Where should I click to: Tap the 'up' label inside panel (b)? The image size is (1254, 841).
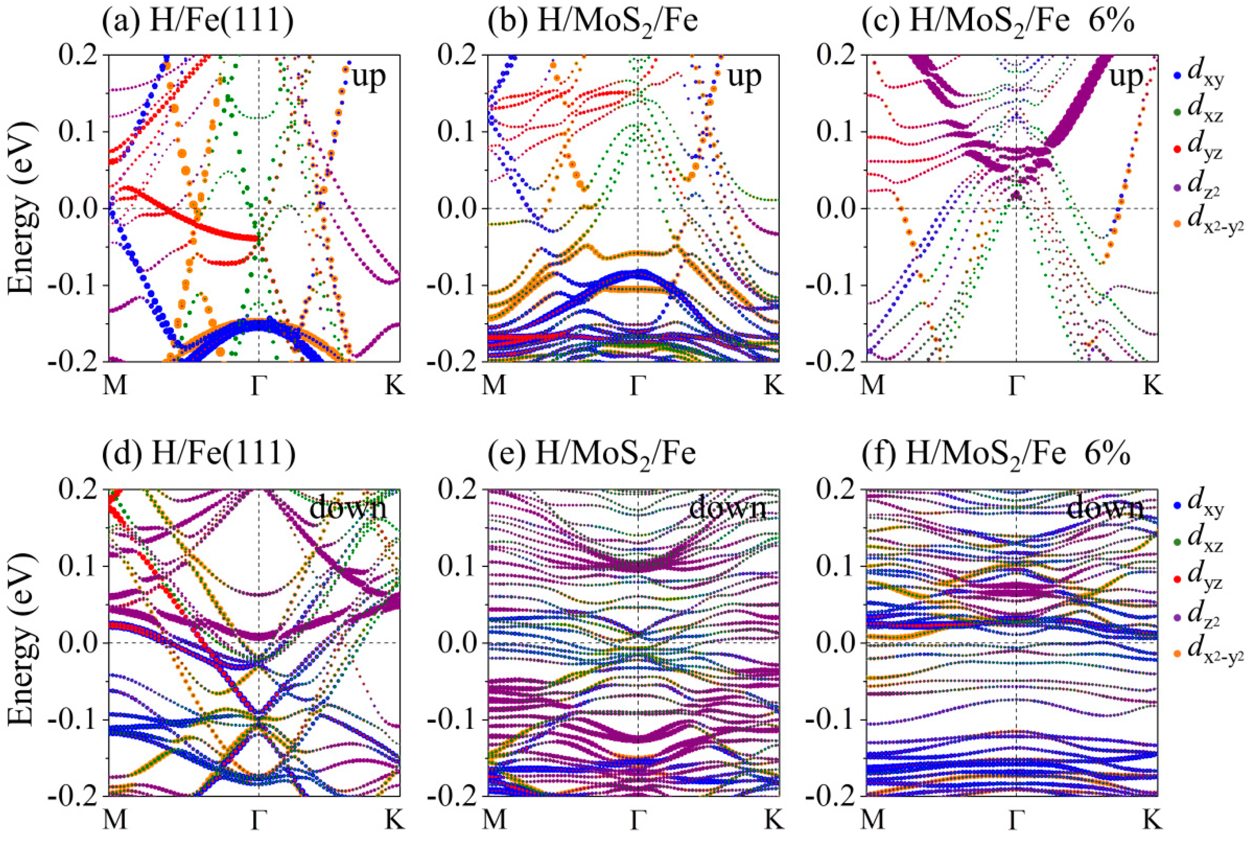[744, 77]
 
